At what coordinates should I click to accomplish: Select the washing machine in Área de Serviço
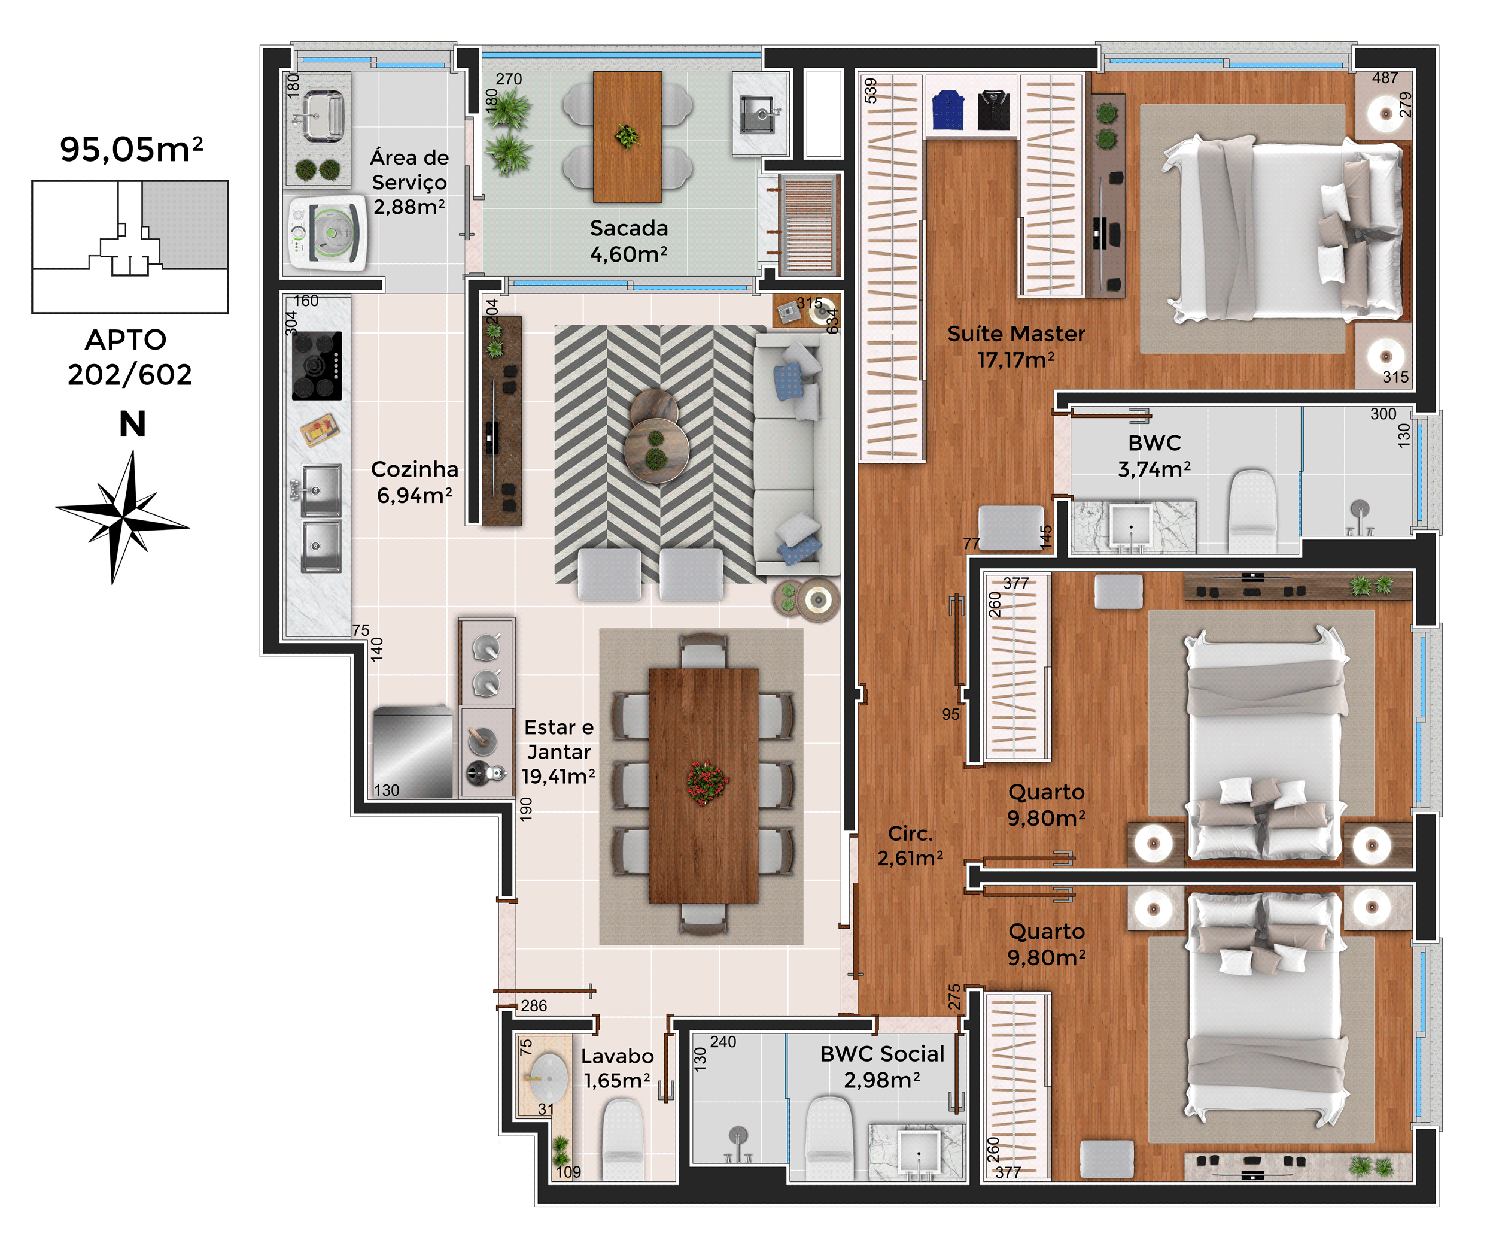click(327, 232)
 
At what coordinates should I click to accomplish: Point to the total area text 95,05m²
click(132, 149)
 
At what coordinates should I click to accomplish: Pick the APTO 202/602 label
click(130, 357)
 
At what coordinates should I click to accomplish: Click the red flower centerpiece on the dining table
click(707, 783)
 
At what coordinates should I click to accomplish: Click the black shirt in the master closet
click(994, 110)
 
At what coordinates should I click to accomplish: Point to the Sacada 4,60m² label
click(629, 241)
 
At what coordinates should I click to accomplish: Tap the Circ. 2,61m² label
click(910, 846)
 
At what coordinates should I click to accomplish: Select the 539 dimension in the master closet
click(871, 90)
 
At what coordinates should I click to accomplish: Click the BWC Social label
click(882, 1054)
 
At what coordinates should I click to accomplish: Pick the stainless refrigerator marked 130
click(412, 752)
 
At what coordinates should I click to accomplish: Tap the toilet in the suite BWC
click(1252, 510)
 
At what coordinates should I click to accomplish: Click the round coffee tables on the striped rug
click(655, 435)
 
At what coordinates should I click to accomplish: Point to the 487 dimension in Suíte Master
click(1385, 78)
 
